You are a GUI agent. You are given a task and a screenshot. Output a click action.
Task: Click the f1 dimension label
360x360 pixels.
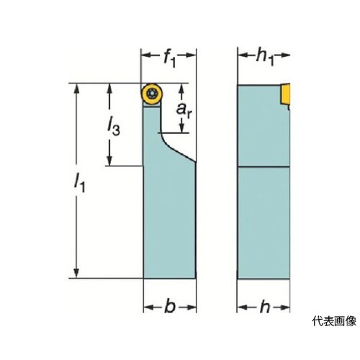[170, 59]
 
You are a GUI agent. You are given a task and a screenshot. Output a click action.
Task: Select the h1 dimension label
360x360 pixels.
[265, 58]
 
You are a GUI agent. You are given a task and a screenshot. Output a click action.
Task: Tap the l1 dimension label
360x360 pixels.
[79, 183]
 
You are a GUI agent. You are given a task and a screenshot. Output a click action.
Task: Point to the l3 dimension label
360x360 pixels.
[113, 127]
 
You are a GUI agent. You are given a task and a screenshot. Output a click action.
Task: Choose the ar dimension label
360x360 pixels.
[184, 110]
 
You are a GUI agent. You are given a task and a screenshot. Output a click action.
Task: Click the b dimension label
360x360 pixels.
[170, 306]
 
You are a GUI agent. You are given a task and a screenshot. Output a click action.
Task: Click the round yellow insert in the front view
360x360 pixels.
[152, 94]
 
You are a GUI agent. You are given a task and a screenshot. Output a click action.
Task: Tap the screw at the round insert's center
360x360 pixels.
[152, 93]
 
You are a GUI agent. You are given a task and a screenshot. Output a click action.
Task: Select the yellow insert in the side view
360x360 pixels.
[285, 94]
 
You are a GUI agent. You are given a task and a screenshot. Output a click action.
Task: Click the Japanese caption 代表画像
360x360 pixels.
[334, 321]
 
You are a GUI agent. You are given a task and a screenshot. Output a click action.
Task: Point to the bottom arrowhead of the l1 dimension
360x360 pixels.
[76, 271]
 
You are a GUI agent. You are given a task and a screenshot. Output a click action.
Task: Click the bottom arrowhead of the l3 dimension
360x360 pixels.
[109, 159]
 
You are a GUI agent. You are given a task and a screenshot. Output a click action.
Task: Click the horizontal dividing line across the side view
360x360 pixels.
[264, 166]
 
